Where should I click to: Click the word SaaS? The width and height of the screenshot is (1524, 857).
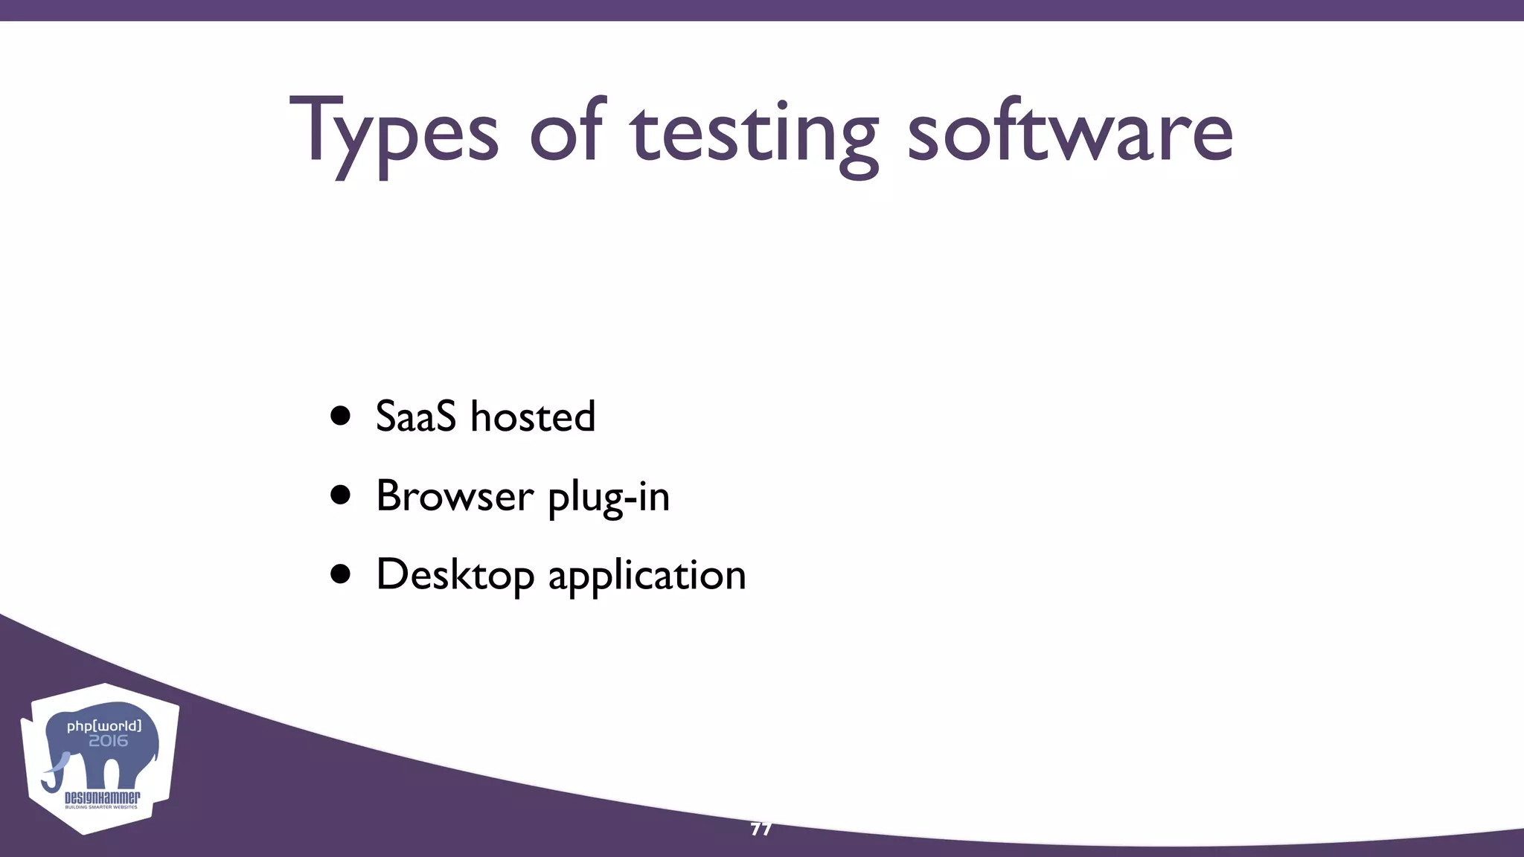[415, 416]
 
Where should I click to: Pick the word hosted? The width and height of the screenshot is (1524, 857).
[533, 416]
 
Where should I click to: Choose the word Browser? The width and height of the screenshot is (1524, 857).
[455, 495]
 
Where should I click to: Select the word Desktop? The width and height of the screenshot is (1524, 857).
[455, 576]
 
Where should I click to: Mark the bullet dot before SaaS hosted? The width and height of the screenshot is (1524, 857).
[341, 417]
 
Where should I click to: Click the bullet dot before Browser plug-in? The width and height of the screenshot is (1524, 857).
[341, 495]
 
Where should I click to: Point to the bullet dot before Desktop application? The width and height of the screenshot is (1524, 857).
[341, 574]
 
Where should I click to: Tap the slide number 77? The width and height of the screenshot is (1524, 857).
[761, 829]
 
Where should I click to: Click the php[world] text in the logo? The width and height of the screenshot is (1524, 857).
[104, 725]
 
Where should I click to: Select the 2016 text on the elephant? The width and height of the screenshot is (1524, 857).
[108, 741]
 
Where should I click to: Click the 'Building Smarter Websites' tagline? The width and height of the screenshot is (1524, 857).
[102, 807]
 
